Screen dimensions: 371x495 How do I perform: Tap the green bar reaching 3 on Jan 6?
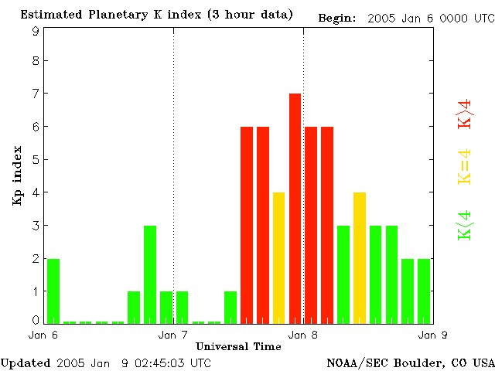150,274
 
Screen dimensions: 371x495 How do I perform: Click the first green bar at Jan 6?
53,291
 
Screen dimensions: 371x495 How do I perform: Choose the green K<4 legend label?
465,226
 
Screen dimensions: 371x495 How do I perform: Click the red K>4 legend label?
465,113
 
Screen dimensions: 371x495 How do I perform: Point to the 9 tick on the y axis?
36,31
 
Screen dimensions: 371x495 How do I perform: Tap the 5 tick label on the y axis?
36,160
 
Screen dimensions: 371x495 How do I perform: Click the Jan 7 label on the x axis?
173,335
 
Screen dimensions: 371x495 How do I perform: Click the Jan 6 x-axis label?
43,335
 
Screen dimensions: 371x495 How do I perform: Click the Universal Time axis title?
238,346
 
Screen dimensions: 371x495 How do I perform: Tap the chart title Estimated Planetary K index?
156,15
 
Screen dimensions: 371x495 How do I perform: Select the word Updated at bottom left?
26,362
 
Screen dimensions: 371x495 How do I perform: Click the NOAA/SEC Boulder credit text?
411,362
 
